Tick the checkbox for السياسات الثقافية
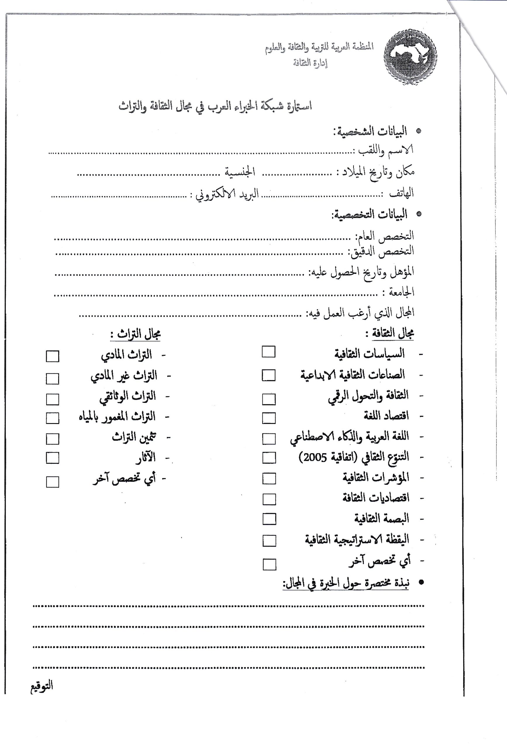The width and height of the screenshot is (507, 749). pos(268,352)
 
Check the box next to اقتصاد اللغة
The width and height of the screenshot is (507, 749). pos(269,418)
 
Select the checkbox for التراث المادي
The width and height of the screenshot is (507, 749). pos(53,356)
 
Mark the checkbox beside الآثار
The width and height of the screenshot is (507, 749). pos(53,458)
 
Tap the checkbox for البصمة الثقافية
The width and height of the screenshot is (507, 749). pos(269,519)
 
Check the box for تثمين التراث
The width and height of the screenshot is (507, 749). pos(53,439)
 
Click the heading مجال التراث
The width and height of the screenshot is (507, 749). pos(135,334)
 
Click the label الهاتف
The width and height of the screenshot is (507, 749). pos(401,193)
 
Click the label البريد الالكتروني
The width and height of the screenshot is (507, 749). pos(227,195)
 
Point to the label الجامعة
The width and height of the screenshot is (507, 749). pos(401,292)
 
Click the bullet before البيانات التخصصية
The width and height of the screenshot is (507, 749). pos(419,214)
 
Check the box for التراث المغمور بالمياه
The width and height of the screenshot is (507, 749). pos(53,418)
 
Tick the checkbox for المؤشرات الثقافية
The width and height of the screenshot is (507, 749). pos(269,479)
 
